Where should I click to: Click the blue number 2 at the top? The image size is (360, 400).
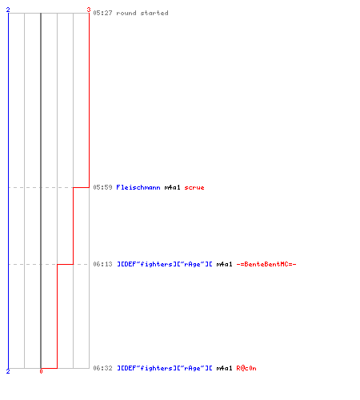coord(8,10)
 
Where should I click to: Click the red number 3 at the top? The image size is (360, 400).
coord(89,10)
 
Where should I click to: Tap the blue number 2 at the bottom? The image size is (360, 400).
coord(8,371)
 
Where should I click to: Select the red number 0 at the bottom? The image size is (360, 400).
coord(41,371)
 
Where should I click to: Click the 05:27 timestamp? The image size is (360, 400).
coord(102,13)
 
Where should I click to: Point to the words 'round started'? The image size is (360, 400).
coord(142,13)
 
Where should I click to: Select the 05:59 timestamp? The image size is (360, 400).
coord(102,187)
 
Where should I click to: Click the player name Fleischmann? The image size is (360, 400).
coord(138,187)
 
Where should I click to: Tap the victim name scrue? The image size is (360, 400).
coord(194,188)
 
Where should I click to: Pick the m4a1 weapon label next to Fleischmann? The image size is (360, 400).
coord(172,187)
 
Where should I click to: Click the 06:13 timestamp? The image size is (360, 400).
coord(102,264)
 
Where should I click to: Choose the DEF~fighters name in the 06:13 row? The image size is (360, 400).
coord(165,264)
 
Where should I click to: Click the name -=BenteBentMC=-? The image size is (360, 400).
coord(266,264)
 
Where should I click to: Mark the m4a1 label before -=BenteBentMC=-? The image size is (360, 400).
coord(224,264)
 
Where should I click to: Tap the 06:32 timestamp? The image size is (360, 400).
coord(102,368)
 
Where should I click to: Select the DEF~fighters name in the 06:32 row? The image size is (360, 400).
coord(165,368)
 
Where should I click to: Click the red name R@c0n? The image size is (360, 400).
coord(246,368)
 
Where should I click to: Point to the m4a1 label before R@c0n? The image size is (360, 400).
coord(224,368)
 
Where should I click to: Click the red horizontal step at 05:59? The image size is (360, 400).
coord(81,187)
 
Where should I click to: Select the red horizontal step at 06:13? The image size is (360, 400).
coord(65,264)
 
